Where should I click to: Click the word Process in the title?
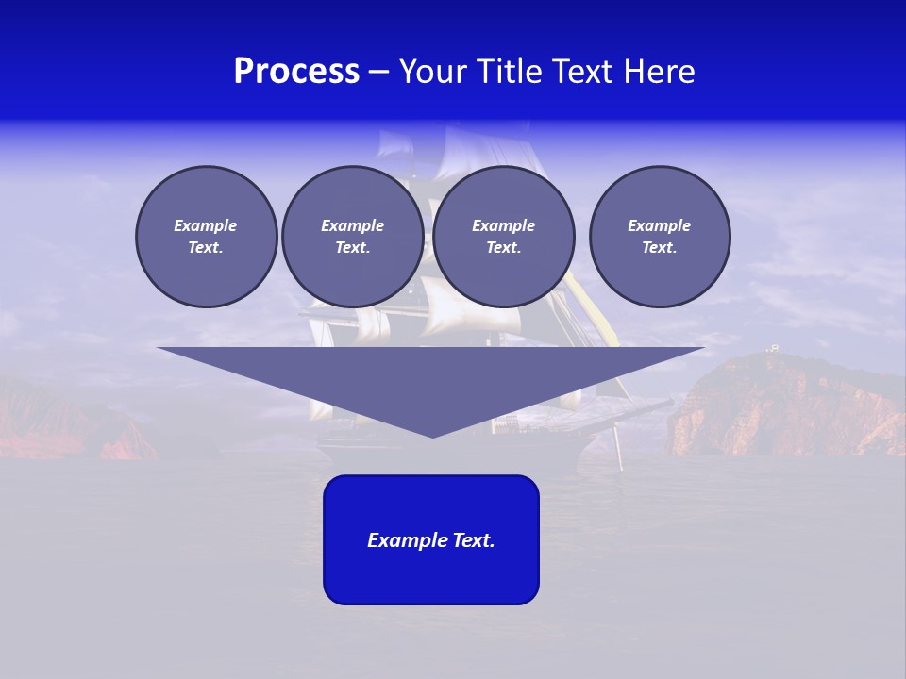coord(296,72)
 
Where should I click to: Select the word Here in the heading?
coord(660,72)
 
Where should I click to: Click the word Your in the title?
coord(434,72)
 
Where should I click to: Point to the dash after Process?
coord(378,73)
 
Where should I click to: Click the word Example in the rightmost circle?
coord(659,225)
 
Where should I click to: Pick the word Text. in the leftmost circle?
coord(206,248)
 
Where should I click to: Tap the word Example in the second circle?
coord(352,225)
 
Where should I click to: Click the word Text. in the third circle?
coord(503,248)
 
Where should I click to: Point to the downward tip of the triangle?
coord(432,435)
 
